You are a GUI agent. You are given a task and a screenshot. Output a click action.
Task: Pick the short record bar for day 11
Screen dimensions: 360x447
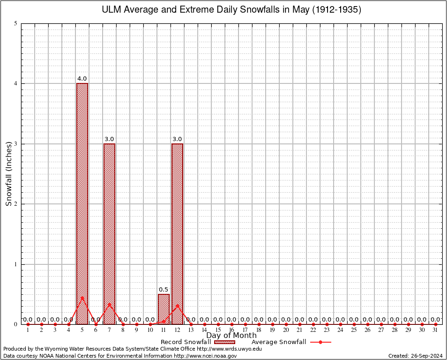click(x=164, y=309)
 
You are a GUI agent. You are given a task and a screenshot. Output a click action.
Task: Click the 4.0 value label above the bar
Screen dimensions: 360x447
click(x=82, y=79)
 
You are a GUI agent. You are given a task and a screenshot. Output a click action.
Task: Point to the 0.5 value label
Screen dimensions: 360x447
click(x=164, y=290)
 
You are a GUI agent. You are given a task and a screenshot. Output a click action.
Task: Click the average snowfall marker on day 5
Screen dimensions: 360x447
click(x=82, y=298)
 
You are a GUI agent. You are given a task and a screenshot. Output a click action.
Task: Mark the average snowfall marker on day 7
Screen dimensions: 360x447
click(x=109, y=304)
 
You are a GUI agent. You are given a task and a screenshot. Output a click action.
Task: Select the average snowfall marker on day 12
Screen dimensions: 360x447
click(x=177, y=306)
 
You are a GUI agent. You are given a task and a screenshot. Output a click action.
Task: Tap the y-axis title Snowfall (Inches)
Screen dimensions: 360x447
click(x=8, y=174)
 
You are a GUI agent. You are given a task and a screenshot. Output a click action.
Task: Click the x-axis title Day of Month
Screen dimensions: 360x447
click(x=231, y=335)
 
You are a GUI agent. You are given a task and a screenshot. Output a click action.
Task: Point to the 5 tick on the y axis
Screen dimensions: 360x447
click(x=16, y=23)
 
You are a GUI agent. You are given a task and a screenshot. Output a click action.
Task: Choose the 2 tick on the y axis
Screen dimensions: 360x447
click(x=16, y=204)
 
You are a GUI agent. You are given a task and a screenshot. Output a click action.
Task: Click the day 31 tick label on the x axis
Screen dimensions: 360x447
click(x=435, y=330)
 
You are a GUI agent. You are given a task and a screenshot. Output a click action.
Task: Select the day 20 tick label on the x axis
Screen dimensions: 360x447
click(x=286, y=330)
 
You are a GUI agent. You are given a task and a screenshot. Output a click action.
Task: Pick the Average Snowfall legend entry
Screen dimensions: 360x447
click(x=279, y=342)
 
